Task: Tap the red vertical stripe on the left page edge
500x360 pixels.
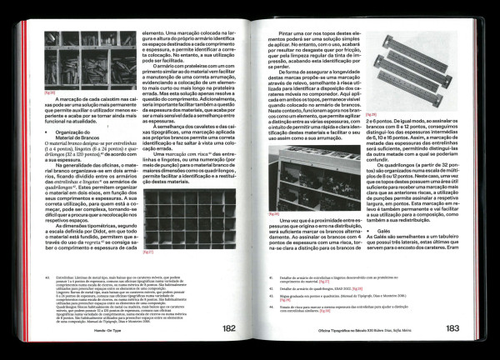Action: click(x=31, y=167)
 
